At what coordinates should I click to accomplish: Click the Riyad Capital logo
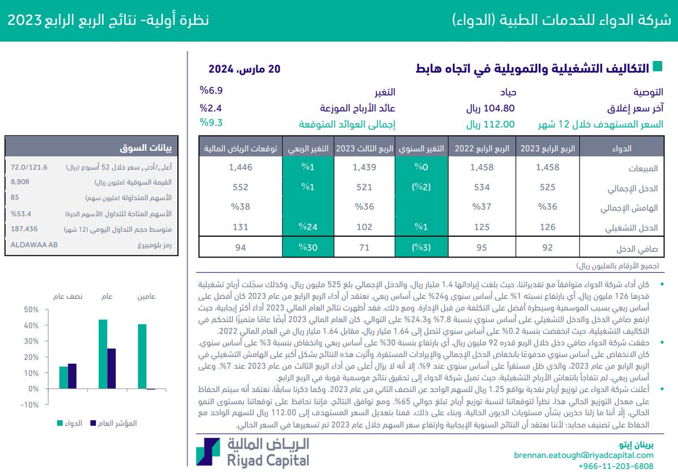(x=253, y=453)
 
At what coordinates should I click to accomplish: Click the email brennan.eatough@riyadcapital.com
(x=584, y=455)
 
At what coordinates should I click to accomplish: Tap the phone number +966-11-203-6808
(x=616, y=466)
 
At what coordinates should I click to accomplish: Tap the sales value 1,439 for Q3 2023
(x=364, y=167)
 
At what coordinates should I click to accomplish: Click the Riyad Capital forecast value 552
(x=240, y=188)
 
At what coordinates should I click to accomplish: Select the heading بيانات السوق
(x=149, y=149)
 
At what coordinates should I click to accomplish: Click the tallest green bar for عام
(x=103, y=354)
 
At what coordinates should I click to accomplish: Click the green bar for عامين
(x=142, y=356)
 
